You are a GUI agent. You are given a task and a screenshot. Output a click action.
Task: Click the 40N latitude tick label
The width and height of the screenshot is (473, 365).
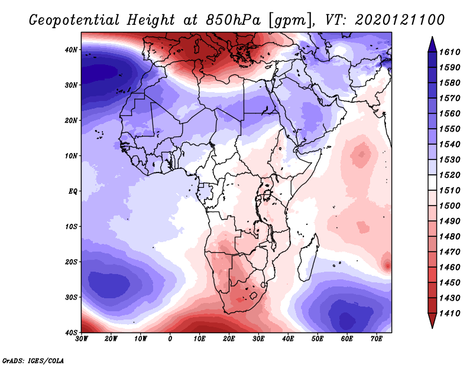[71, 50]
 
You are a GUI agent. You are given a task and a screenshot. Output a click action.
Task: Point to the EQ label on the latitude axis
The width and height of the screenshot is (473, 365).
[73, 191]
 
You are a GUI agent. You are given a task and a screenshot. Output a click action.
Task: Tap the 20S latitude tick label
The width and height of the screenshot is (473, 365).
[71, 262]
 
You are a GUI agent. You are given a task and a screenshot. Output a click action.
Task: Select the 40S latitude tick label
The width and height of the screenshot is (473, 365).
[71, 333]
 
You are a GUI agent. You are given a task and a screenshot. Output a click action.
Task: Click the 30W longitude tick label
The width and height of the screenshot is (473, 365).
[82, 339]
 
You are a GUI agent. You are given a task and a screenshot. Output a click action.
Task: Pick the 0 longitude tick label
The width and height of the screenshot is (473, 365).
[170, 339]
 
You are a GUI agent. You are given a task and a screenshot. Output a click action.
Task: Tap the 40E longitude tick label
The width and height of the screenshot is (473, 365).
[288, 339]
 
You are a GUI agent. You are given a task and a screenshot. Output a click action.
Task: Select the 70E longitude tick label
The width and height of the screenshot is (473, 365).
[377, 339]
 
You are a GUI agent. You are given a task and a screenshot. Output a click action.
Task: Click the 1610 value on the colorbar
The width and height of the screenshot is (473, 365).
[449, 52]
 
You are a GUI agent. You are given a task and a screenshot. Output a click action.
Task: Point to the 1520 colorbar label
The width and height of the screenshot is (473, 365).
[449, 175]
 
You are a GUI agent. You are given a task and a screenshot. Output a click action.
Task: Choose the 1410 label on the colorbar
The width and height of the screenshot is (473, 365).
[449, 314]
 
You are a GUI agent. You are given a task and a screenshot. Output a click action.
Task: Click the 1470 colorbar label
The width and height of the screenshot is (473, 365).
[449, 252]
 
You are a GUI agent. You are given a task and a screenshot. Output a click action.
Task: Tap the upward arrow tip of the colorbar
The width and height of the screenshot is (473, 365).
[432, 37]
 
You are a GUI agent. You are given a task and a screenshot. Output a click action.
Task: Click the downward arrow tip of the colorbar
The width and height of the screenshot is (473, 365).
[432, 328]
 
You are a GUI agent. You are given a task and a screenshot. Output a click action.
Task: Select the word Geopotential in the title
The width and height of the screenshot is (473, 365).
[74, 21]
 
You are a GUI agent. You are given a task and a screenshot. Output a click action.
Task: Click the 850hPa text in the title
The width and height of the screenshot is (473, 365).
[233, 20]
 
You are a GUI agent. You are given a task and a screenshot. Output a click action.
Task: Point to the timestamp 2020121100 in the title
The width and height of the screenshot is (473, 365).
[400, 20]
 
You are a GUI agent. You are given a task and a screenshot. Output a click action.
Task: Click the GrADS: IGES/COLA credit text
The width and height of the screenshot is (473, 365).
[33, 361]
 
